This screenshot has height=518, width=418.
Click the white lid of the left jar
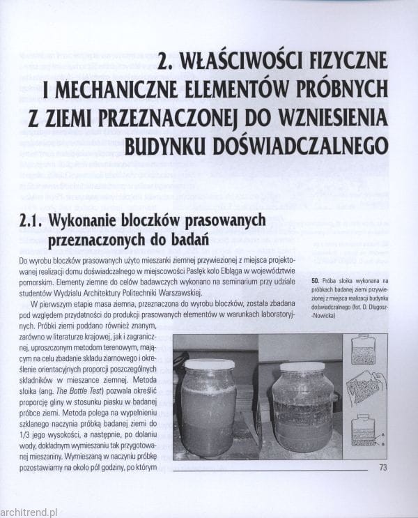pos(210,364)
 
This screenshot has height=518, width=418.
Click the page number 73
pos(383,467)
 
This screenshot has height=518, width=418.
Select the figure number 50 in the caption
pos(307,280)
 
